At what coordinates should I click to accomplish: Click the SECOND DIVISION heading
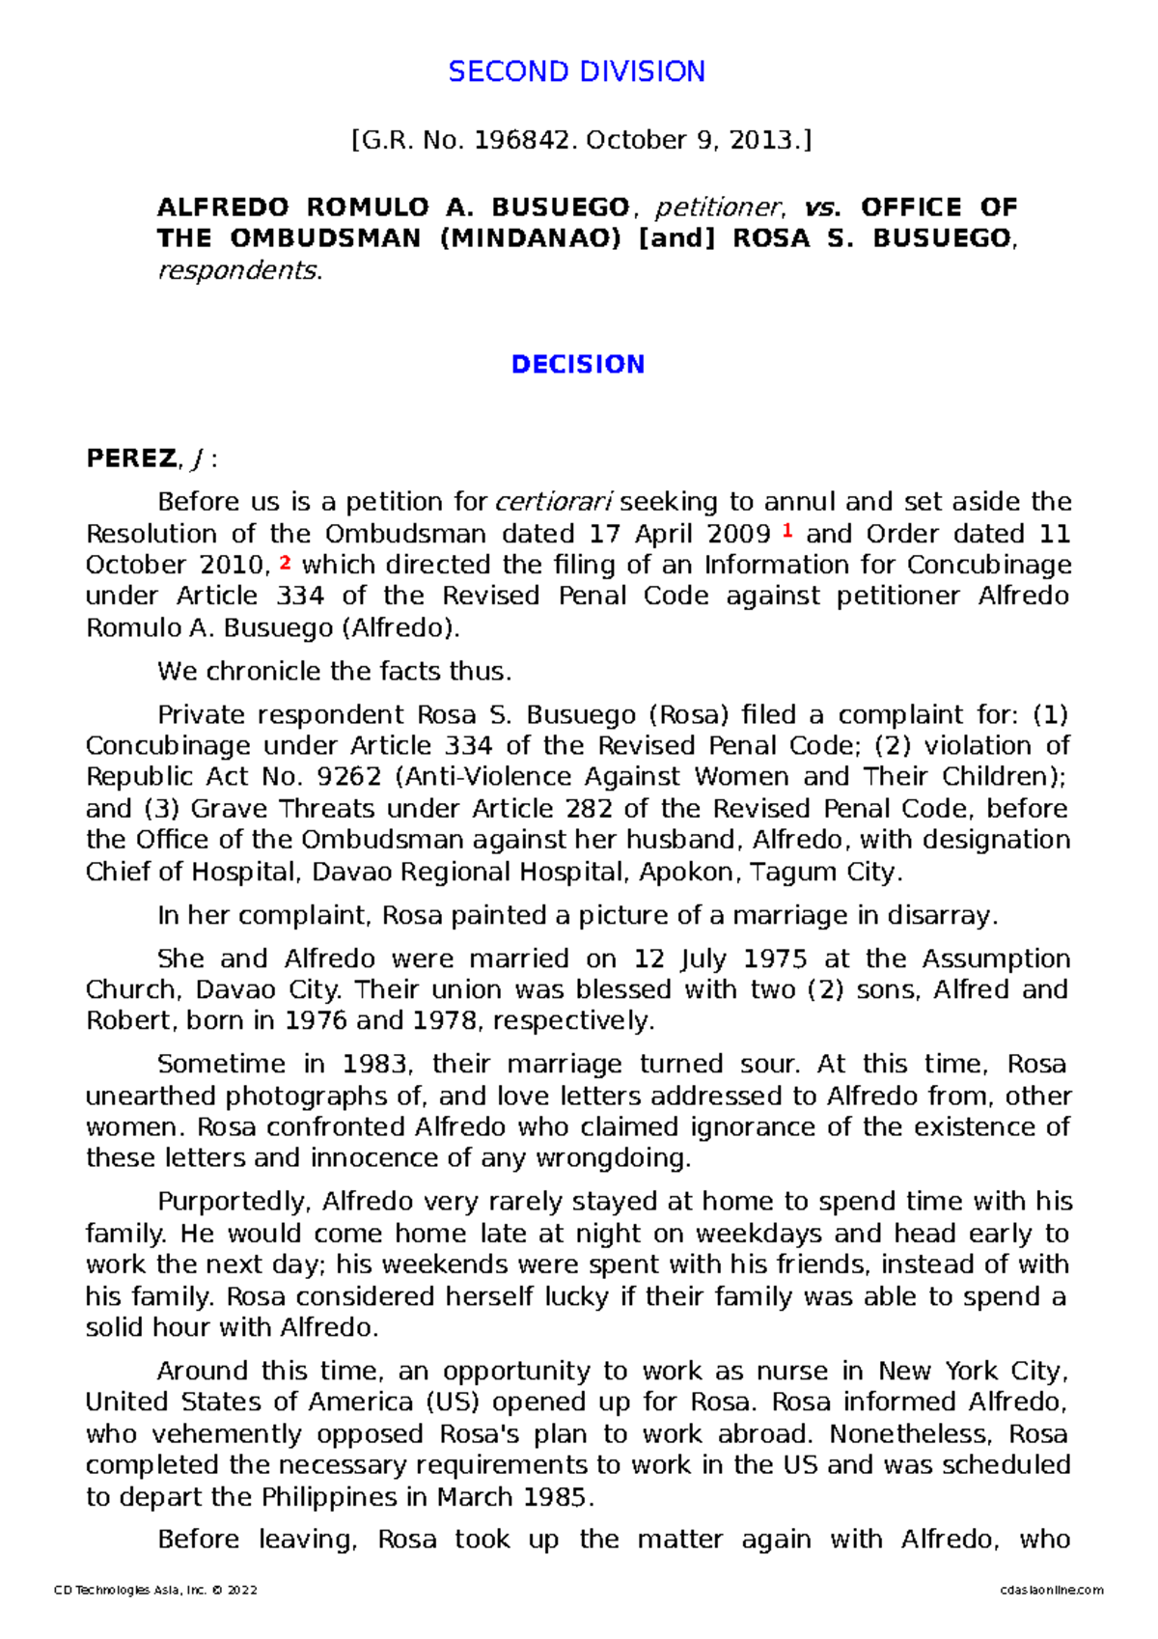pos(576,71)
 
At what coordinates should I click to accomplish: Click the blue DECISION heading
pos(577,365)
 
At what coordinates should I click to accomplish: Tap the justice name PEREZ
pos(131,458)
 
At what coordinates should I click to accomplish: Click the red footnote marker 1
pos(787,530)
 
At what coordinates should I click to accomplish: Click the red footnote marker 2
pos(285,562)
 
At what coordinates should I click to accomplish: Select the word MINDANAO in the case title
pos(530,238)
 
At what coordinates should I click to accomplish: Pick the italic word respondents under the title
pos(238,270)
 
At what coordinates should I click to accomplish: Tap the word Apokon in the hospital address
pos(686,872)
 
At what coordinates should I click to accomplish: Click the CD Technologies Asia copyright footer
pos(155,1590)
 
